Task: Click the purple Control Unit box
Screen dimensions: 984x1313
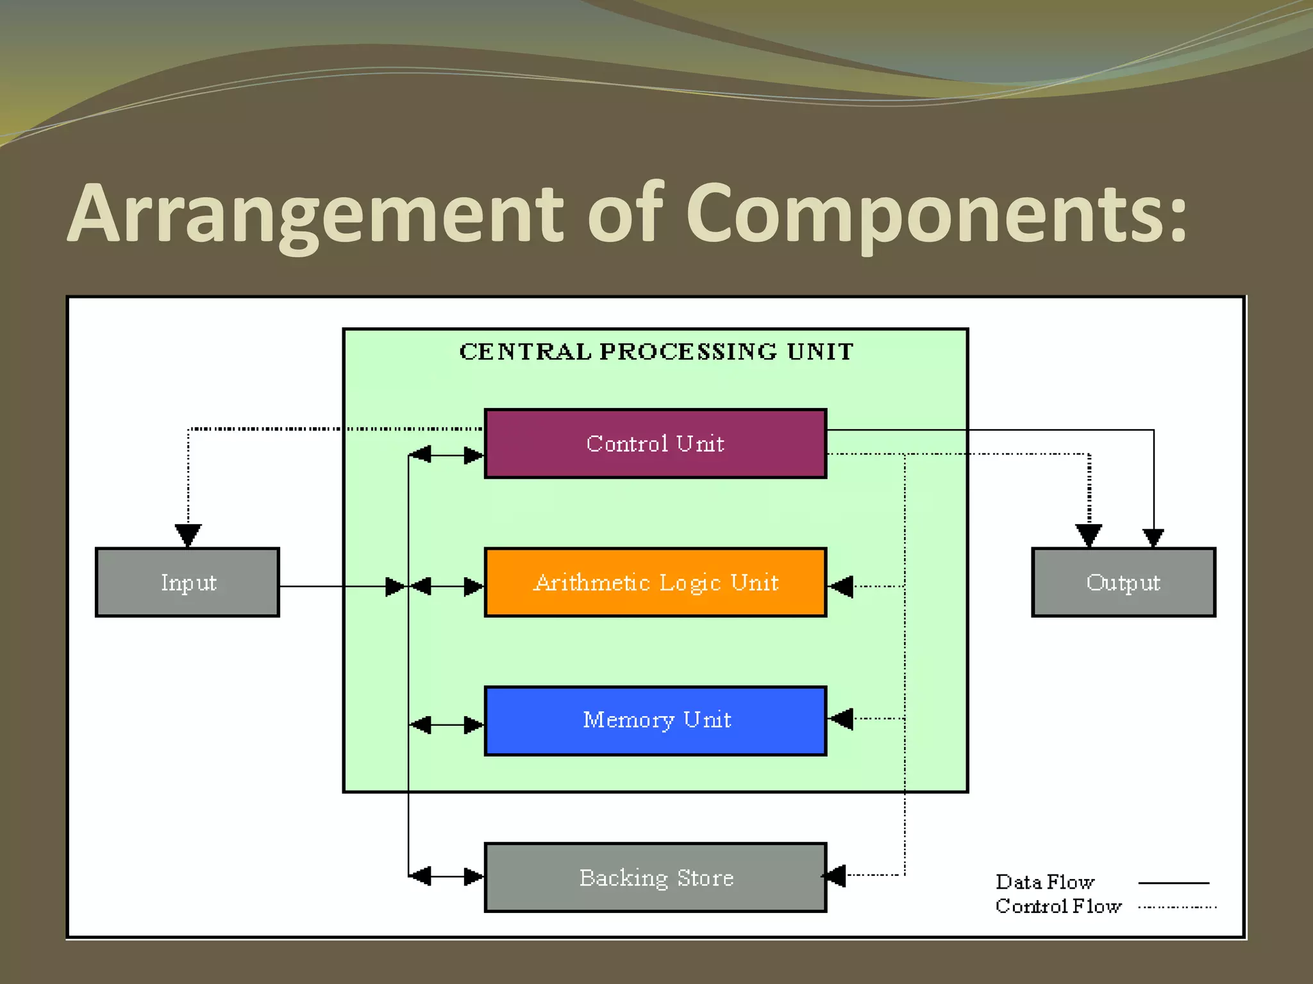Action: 655,443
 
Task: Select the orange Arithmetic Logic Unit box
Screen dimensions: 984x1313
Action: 655,582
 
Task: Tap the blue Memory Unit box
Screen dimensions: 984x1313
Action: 655,721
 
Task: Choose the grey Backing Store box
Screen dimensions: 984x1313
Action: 655,877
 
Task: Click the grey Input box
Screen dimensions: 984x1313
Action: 187,582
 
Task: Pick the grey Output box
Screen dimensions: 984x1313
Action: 1123,582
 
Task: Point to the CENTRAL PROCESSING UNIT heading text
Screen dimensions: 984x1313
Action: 656,352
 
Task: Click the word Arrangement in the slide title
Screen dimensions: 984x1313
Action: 314,215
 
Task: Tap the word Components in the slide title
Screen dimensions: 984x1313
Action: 936,215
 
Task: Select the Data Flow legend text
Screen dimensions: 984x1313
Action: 1044,882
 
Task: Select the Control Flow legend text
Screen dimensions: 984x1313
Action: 1058,906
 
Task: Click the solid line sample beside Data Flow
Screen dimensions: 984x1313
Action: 1173,883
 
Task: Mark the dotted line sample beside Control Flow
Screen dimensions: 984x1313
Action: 1177,907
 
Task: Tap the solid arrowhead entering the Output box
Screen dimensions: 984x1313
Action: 1153,537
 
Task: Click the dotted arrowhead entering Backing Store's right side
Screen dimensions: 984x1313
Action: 835,875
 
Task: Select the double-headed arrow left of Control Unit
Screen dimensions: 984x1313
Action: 446,455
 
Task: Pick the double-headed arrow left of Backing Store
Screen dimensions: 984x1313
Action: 446,876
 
